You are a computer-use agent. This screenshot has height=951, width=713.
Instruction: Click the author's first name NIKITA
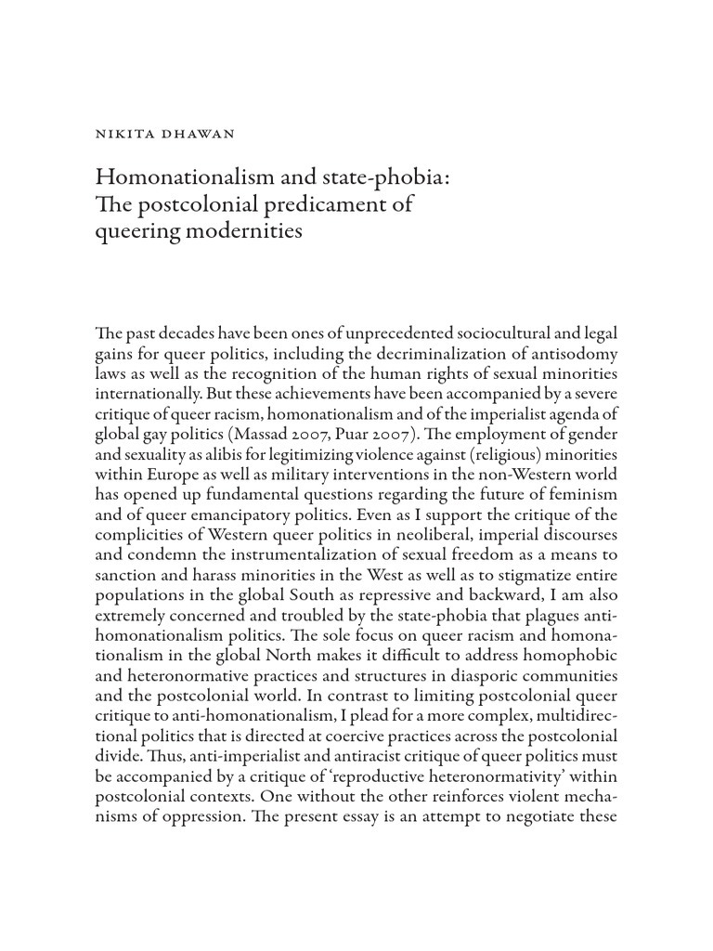(121, 134)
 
